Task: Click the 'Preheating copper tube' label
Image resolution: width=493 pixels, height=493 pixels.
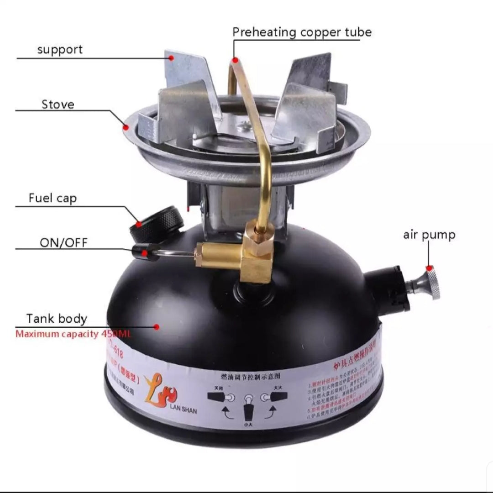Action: [x=302, y=32]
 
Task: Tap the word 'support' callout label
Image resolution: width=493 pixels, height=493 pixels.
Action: [x=60, y=49]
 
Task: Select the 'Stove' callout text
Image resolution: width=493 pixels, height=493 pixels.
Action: [x=58, y=104]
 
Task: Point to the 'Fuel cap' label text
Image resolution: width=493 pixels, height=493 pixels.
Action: [x=52, y=198]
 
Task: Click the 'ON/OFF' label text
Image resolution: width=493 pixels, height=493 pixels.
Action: [x=63, y=242]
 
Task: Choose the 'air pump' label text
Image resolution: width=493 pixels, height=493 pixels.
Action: [x=429, y=235]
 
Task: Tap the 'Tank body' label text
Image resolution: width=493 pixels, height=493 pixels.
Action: [x=57, y=318]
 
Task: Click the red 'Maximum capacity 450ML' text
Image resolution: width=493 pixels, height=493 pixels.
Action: [x=73, y=334]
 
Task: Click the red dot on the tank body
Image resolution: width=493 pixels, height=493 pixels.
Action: [x=157, y=327]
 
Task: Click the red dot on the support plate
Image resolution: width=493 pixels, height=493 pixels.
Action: [x=172, y=58]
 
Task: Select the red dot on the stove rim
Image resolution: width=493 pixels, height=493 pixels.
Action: [x=125, y=127]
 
